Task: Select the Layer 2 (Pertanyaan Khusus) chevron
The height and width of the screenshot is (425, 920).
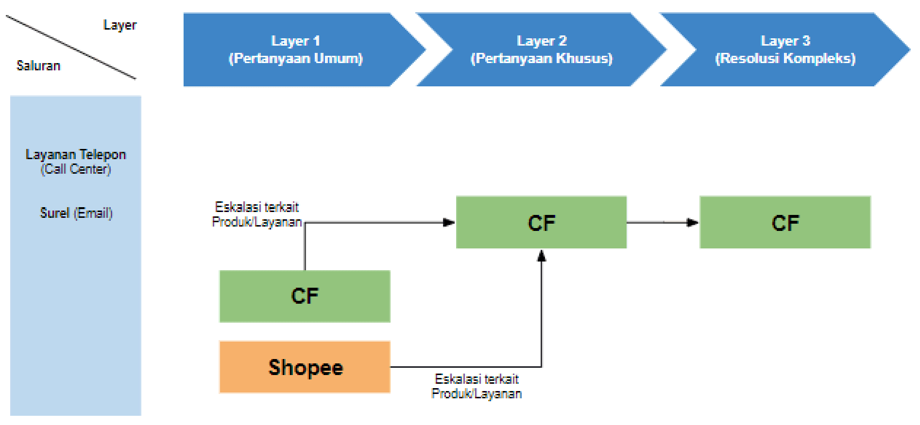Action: (x=542, y=49)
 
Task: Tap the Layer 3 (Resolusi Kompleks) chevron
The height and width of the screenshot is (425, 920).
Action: (x=785, y=49)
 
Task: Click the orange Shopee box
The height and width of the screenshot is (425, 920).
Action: (x=305, y=367)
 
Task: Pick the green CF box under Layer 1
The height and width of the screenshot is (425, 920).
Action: (x=305, y=296)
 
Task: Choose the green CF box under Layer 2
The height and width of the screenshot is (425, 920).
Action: (x=542, y=223)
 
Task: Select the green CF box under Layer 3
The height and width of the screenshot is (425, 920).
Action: (x=785, y=223)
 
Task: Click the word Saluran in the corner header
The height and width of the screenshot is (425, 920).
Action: (x=38, y=65)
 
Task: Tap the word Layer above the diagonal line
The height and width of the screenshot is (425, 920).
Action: (x=120, y=25)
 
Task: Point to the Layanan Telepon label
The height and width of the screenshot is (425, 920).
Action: (x=76, y=155)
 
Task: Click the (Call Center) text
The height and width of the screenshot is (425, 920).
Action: (x=76, y=169)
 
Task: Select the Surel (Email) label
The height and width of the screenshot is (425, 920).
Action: (x=76, y=213)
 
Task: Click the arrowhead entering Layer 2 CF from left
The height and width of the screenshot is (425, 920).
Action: (x=449, y=223)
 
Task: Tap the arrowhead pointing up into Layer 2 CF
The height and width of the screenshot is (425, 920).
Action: (x=542, y=256)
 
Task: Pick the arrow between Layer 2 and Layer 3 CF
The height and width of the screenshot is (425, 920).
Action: (x=663, y=223)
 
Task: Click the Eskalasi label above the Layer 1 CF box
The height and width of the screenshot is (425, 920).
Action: (x=257, y=214)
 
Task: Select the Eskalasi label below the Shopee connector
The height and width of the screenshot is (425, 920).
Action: (x=477, y=386)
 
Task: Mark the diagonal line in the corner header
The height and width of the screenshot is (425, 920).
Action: (x=71, y=47)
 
